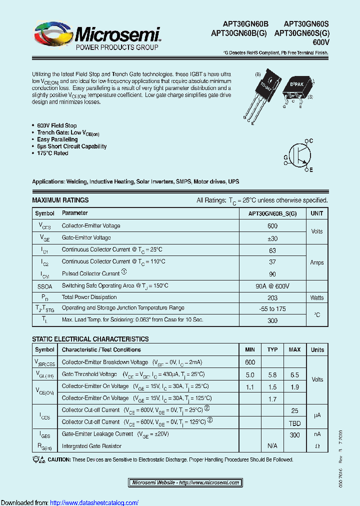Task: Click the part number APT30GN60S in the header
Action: [306, 24]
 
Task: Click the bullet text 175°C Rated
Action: [52, 153]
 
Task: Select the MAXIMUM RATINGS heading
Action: [60, 200]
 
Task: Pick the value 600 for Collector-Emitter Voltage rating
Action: [272, 226]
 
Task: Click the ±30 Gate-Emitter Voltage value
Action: [272, 238]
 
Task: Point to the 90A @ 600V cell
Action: [272, 286]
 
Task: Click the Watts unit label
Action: [317, 298]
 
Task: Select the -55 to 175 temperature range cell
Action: [272, 309]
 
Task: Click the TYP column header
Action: [272, 350]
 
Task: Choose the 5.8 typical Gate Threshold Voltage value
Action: [272, 374]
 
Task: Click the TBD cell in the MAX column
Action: [294, 422]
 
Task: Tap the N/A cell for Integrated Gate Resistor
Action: [272, 446]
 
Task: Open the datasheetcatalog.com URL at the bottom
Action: [94, 502]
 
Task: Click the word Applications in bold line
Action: [48, 182]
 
